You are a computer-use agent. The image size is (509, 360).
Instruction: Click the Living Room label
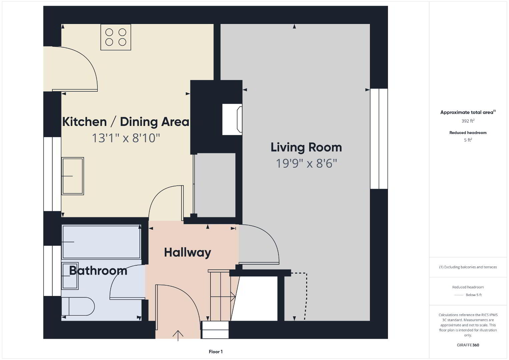pos(306,147)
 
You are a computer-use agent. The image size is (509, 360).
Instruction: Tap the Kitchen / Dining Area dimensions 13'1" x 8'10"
pos(126,138)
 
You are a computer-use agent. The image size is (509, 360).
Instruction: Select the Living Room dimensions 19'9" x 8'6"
pos(306,163)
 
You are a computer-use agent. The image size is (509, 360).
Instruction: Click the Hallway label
pos(187,253)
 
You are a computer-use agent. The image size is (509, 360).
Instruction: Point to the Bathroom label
pos(98,271)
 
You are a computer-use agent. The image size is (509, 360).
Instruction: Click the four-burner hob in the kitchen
pos(116,37)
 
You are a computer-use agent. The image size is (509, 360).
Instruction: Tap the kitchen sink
pos(73,176)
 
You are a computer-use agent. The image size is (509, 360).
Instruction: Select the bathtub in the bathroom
pos(101,242)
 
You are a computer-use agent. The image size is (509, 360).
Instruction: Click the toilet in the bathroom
pos(78,306)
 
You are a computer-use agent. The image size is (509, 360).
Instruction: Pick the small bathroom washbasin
pos(70,276)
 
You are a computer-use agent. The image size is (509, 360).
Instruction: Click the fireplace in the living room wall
pos(232,119)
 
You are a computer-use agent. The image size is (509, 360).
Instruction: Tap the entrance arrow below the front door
pos(178,336)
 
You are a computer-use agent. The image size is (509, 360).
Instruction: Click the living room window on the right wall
pos(379,139)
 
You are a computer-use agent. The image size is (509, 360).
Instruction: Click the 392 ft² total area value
pos(468,121)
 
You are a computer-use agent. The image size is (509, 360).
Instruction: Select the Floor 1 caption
pos(216,352)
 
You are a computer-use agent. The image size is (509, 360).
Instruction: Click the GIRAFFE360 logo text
pos(468,345)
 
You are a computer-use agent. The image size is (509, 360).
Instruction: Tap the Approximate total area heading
pos(468,112)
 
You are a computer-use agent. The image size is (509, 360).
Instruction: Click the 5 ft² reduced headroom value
pos(468,140)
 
